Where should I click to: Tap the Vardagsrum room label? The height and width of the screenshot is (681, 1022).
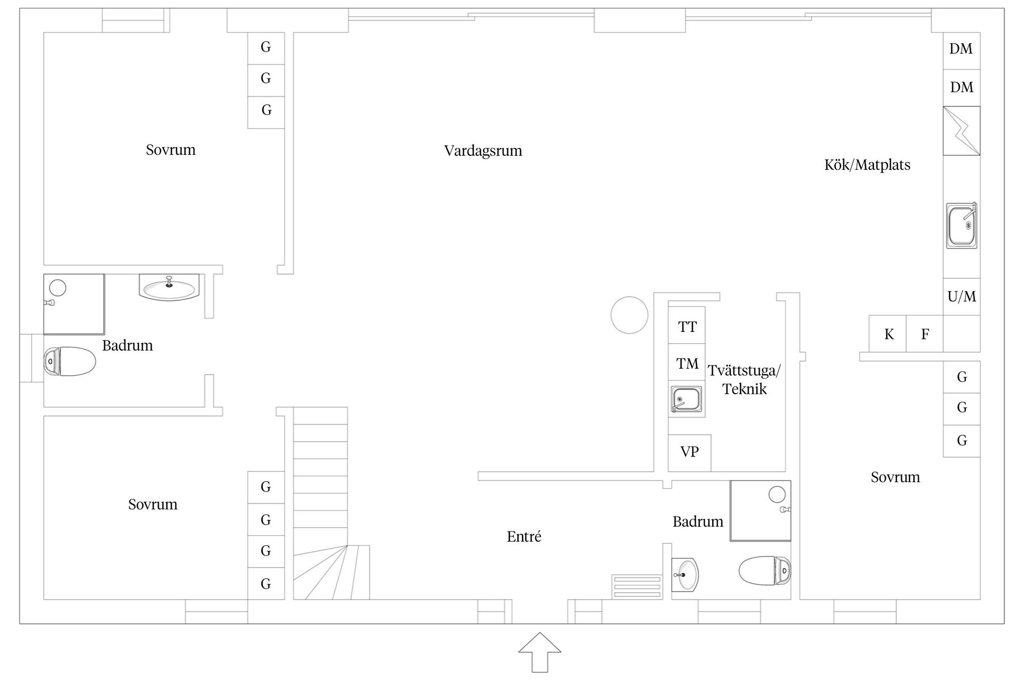tap(483, 151)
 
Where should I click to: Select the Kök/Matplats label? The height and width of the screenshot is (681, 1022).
tap(867, 165)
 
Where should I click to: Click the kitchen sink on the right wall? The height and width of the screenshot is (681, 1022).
tap(961, 226)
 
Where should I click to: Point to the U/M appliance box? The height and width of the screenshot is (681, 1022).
tap(961, 297)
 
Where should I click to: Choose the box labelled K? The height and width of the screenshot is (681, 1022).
tap(888, 334)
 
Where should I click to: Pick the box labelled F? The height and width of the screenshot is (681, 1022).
tap(925, 334)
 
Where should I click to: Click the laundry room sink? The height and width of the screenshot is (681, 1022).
tap(686, 399)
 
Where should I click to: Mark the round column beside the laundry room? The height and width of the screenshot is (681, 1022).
tap(629, 315)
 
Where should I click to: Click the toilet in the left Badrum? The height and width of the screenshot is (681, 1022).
tap(70, 361)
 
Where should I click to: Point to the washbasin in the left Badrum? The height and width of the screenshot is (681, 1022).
tap(169, 287)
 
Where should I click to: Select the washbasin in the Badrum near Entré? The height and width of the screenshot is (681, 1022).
tap(685, 575)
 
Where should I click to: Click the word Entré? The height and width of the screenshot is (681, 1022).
tap(524, 537)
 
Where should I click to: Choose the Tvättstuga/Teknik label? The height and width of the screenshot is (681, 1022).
tap(744, 379)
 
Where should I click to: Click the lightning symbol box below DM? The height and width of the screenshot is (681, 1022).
tap(961, 131)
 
